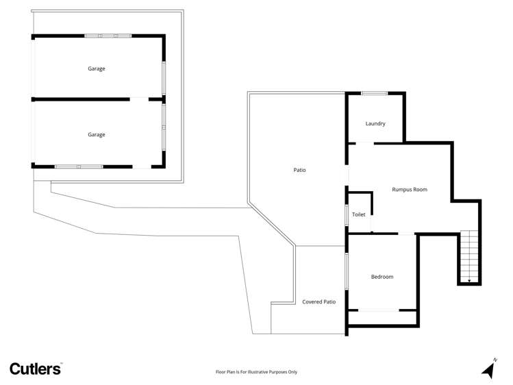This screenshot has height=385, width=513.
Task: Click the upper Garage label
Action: [x=97, y=69]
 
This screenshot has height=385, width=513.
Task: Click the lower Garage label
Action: [x=97, y=135]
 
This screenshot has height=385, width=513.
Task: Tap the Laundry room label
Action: [x=375, y=124]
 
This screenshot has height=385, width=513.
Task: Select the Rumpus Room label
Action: [x=410, y=190]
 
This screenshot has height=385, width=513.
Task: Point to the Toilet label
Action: [x=359, y=215]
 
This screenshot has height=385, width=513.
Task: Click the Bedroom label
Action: [x=382, y=277]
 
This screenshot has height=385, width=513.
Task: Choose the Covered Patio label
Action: [x=319, y=302]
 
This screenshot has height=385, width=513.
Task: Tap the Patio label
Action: [x=299, y=170]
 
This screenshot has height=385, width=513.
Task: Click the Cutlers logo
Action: [x=36, y=369]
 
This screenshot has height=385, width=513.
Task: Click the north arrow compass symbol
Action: [x=488, y=369]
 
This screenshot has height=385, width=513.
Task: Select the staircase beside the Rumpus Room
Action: [x=468, y=256]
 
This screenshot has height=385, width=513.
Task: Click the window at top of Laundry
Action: [x=375, y=93]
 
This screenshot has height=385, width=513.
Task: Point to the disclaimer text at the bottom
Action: [x=256, y=372]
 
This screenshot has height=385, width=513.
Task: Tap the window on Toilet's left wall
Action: [x=347, y=215]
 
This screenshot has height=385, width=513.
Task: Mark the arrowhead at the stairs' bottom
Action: [x=469, y=280]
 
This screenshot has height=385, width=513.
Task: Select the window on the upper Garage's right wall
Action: [x=163, y=77]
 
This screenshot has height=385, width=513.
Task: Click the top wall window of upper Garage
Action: [x=108, y=35]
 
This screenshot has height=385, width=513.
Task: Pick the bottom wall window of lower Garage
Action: [x=79, y=166]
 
